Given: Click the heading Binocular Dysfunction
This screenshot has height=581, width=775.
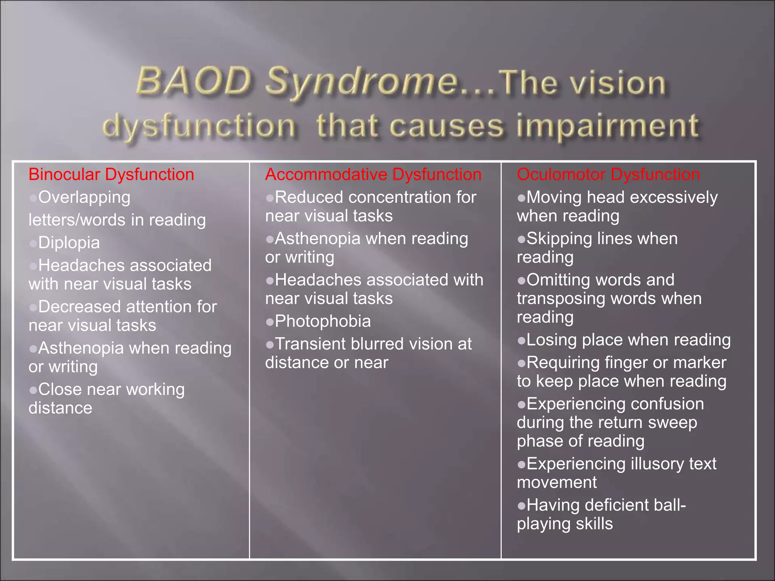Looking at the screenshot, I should [111, 175].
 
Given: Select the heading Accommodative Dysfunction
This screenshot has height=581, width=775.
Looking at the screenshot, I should [373, 175].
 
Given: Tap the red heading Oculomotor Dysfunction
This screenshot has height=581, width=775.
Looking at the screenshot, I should [608, 175].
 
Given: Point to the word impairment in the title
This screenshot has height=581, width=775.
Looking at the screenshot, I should [608, 126].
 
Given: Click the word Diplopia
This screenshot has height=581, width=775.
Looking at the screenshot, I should [69, 243].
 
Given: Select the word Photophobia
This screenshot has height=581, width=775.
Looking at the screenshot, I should [323, 322].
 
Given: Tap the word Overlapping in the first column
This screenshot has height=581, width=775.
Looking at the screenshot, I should [84, 197].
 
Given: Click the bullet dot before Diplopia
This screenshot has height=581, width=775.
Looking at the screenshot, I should [33, 243].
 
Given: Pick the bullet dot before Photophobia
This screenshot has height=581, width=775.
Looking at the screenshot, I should [270, 322].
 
